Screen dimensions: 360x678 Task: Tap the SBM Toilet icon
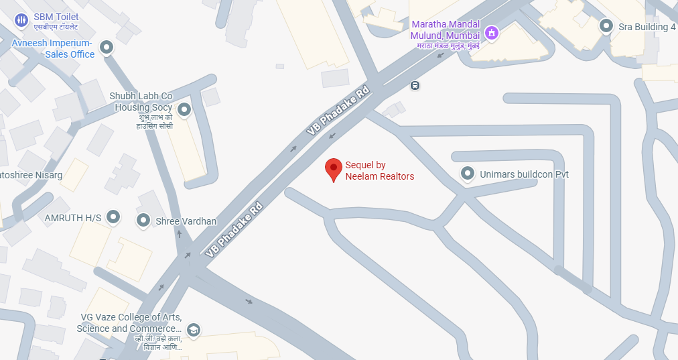pos(21,20)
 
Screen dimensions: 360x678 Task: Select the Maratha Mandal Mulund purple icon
pos(492,33)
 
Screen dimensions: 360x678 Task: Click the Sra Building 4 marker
pos(606,26)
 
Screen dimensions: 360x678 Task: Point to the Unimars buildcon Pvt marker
pos(468,174)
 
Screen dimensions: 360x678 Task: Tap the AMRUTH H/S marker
pos(114,217)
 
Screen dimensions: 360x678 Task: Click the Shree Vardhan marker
pos(143,221)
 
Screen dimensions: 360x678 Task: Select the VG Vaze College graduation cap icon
pos(194,329)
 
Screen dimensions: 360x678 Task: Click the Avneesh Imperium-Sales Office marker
pos(106,48)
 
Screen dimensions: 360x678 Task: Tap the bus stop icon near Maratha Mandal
pos(415,85)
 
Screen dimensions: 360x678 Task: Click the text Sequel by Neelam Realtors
pos(379,171)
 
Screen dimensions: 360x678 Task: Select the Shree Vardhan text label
pos(186,221)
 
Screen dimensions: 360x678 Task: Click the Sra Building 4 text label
pos(647,27)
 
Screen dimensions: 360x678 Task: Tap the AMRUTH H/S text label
pos(72,218)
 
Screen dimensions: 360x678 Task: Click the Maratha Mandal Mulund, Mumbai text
pos(446,29)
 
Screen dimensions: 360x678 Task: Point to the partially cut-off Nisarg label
pos(31,175)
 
